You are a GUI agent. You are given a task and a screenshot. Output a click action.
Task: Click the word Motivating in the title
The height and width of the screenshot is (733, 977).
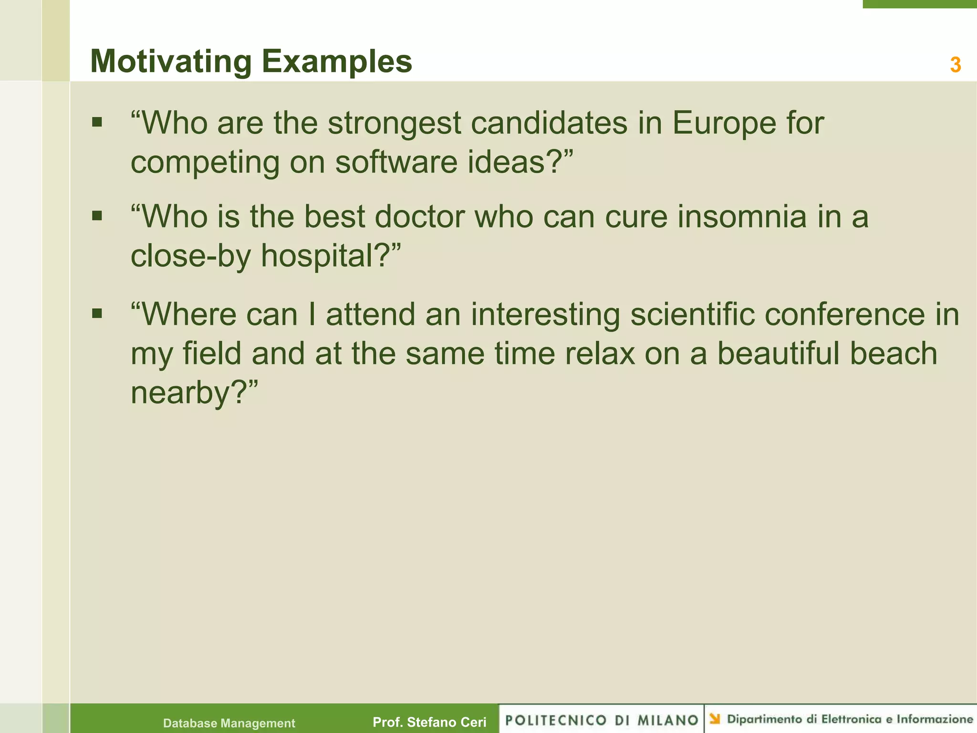pos(171,62)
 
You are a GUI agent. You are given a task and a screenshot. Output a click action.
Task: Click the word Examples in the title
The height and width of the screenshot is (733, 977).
pos(337,62)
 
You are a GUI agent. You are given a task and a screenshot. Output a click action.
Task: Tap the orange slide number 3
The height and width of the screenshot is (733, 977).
pos(955,65)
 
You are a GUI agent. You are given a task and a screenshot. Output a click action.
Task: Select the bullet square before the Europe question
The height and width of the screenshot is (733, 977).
pos(97,123)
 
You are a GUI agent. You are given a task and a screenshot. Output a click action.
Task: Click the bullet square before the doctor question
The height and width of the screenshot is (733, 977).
pos(97,216)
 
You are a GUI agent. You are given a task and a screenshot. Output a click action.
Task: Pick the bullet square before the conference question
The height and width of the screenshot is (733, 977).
pos(97,314)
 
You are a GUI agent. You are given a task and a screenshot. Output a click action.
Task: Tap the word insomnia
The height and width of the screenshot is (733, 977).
pos(742,217)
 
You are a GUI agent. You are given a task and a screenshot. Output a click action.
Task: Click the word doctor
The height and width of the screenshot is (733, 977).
pos(419,217)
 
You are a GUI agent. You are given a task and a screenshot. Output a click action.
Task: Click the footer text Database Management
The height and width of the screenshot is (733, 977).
pos(229,723)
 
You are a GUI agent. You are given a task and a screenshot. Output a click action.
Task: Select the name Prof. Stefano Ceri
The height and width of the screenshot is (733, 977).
pos(429,723)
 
